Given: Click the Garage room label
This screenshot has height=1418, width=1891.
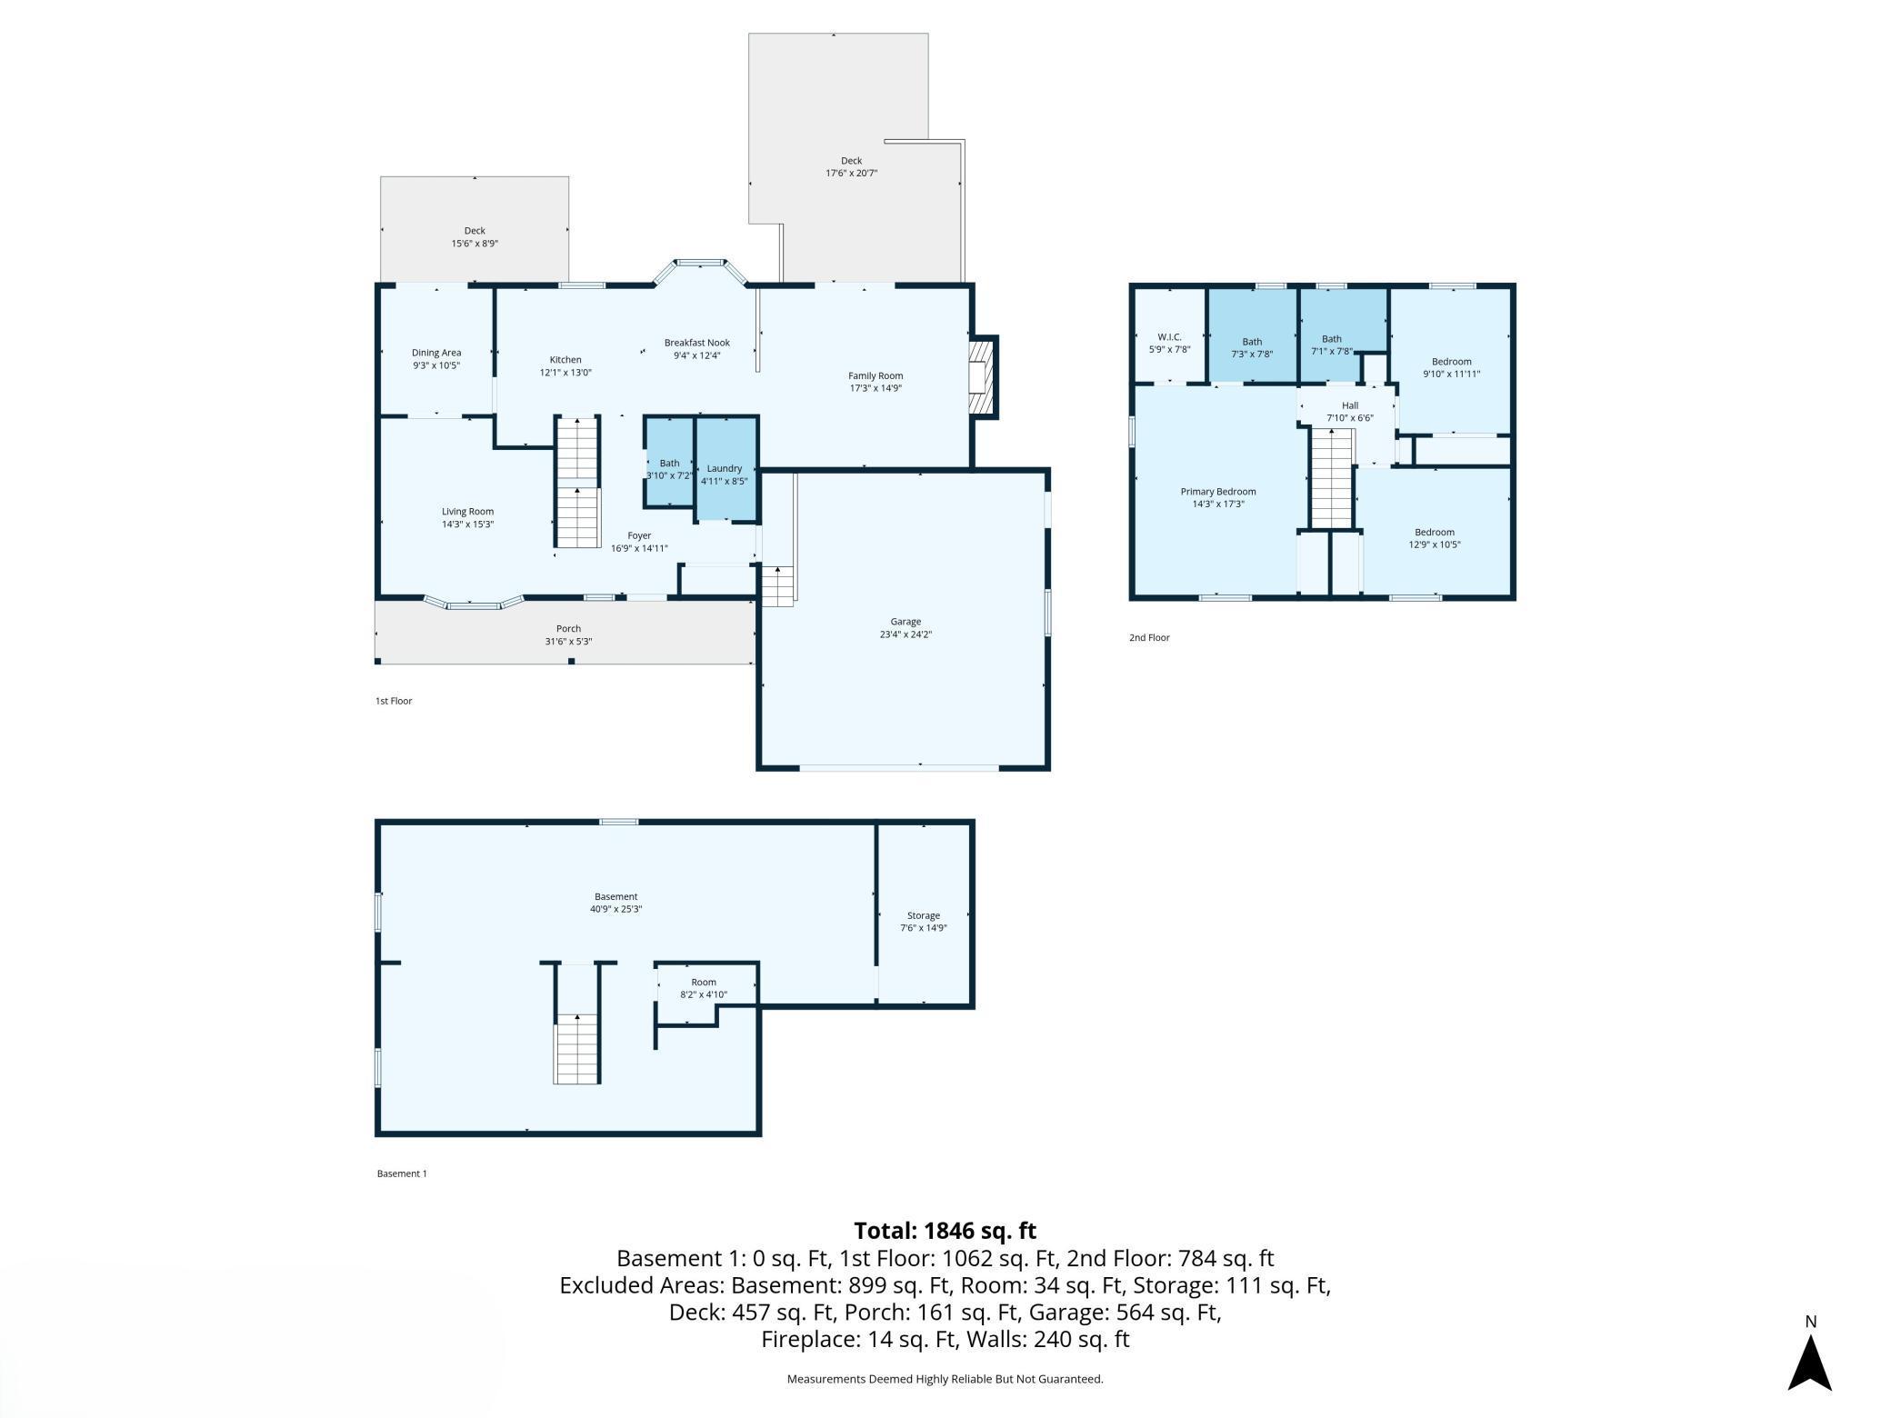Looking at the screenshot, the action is point(905,622).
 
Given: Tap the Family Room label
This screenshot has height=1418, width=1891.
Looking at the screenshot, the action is point(875,375).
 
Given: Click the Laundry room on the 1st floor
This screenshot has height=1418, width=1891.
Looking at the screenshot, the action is point(726,469).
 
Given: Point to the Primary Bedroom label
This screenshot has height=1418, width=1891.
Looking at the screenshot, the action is point(1218,492).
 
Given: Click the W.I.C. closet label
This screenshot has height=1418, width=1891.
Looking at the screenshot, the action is point(1169,337).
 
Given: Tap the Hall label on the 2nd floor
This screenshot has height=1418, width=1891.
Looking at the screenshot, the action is point(1350,405).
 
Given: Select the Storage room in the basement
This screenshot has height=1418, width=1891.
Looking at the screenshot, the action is point(924,914).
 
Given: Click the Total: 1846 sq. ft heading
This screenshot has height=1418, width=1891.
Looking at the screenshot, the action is point(945,1231).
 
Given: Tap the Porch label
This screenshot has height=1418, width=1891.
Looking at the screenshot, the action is point(568,628).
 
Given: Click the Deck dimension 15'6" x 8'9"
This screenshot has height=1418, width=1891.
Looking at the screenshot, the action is point(475,244).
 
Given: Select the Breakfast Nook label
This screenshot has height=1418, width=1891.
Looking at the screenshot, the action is point(697,343).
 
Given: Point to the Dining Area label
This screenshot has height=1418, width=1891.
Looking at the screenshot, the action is point(436,353).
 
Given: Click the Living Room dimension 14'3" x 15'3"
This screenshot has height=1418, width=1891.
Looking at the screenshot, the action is point(468,524).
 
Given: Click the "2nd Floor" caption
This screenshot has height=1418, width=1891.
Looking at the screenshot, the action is point(1149,638).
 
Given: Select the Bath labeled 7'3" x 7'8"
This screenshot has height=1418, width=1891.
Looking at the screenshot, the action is point(1252,335).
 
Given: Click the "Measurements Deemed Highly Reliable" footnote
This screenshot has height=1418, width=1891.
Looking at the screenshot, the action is point(945,1379).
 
